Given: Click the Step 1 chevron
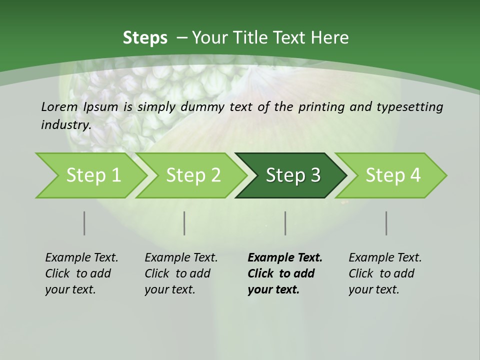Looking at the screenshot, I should click(93, 175).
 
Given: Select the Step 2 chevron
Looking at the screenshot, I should click(193, 175).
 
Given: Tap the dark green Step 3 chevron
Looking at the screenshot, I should click(292, 175).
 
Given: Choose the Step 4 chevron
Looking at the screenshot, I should click(392, 175).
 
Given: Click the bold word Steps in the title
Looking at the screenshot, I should click(145, 38).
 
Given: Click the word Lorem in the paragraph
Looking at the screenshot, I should click(59, 106).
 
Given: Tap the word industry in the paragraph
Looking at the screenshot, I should click(65, 124).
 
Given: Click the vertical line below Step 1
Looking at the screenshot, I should click(84, 223).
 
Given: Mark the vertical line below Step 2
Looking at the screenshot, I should click(184, 223).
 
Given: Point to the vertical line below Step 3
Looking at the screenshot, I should click(285, 223).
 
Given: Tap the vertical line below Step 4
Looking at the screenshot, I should click(386, 223).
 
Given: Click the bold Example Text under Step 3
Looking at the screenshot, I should click(285, 257).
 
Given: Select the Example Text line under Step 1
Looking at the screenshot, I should click(81, 257).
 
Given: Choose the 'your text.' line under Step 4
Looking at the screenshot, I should click(373, 289).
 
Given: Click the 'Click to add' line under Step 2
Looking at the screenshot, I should click(177, 273).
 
